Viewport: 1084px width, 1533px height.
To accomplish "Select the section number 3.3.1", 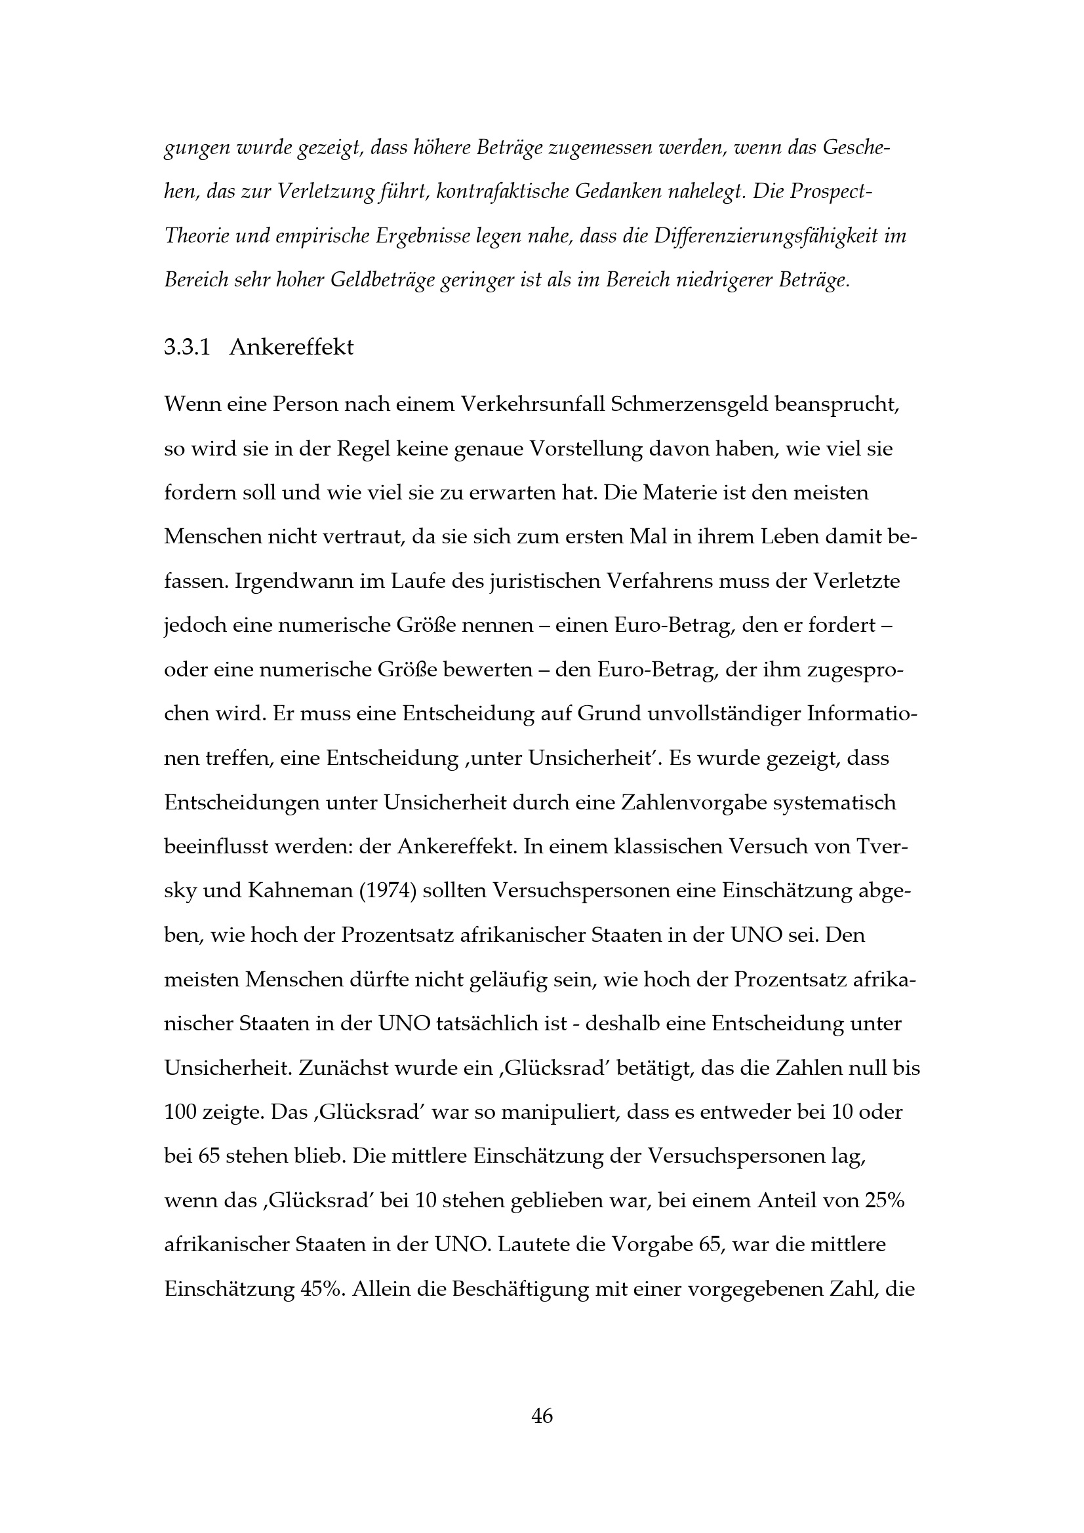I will pyautogui.click(x=187, y=348).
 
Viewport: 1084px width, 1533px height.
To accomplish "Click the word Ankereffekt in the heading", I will pyautogui.click(x=291, y=348).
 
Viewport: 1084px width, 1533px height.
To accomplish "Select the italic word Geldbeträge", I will pyautogui.click(x=383, y=281).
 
